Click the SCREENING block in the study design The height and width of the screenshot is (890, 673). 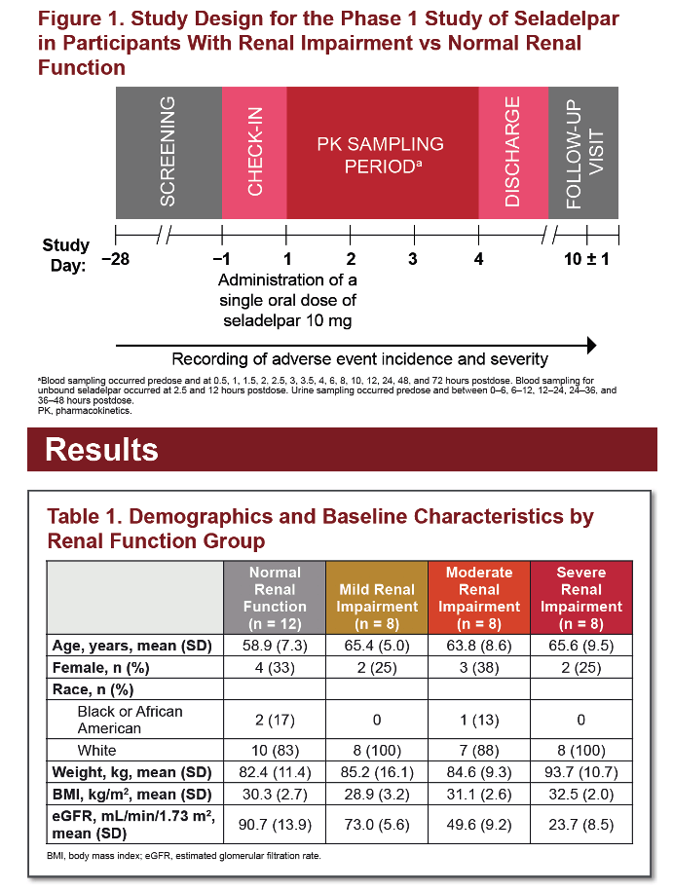click(x=168, y=153)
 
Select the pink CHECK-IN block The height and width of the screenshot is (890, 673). click(x=254, y=153)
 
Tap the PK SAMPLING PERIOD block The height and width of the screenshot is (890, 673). click(x=383, y=153)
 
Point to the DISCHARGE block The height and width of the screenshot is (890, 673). click(x=513, y=153)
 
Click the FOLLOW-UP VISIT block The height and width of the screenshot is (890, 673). click(x=583, y=153)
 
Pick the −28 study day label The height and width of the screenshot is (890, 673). click(x=115, y=259)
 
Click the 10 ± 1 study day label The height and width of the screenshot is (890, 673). click(x=586, y=259)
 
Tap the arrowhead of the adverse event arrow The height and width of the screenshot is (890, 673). click(x=591, y=345)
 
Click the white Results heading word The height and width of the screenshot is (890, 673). click(x=101, y=450)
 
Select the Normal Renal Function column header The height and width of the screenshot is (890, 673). click(x=275, y=598)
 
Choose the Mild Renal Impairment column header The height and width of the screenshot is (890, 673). click(x=377, y=598)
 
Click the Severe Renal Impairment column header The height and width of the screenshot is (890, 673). click(x=581, y=598)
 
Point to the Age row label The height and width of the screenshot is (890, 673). click(x=131, y=646)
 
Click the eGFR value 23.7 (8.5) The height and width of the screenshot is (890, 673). click(x=581, y=824)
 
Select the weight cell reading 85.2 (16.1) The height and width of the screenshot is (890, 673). click(x=377, y=772)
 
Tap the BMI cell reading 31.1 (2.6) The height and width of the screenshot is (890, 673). click(x=479, y=794)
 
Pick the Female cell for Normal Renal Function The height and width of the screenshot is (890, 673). click(x=275, y=668)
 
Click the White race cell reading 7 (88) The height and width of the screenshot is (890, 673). click(x=479, y=751)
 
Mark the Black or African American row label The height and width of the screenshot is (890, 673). click(x=131, y=720)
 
